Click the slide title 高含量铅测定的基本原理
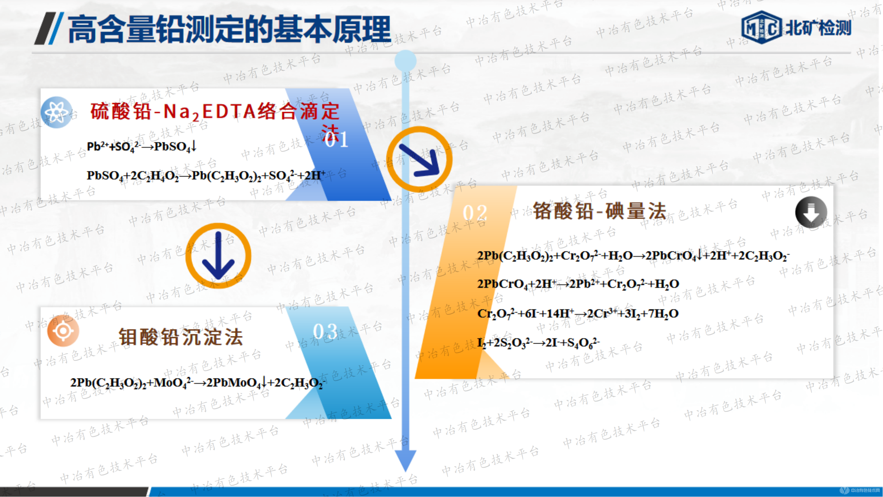[x=229, y=29]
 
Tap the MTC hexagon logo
[x=761, y=28]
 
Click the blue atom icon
[x=56, y=113]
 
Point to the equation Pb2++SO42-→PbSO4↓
[x=141, y=147]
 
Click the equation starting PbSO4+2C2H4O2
[x=206, y=176]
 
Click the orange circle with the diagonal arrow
[x=419, y=159]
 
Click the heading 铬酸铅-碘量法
[x=600, y=211]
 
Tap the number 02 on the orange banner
[x=475, y=213]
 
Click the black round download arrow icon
[x=811, y=212]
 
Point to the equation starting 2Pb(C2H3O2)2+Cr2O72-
[x=633, y=256]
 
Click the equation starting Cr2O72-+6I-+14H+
[x=578, y=313]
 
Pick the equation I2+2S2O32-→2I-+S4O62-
[x=538, y=343]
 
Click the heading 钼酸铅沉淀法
[x=181, y=337]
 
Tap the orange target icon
[x=63, y=331]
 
